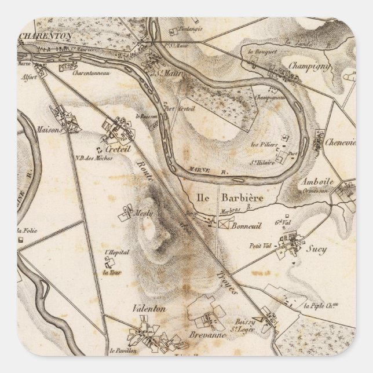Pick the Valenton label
pos(149,309)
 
